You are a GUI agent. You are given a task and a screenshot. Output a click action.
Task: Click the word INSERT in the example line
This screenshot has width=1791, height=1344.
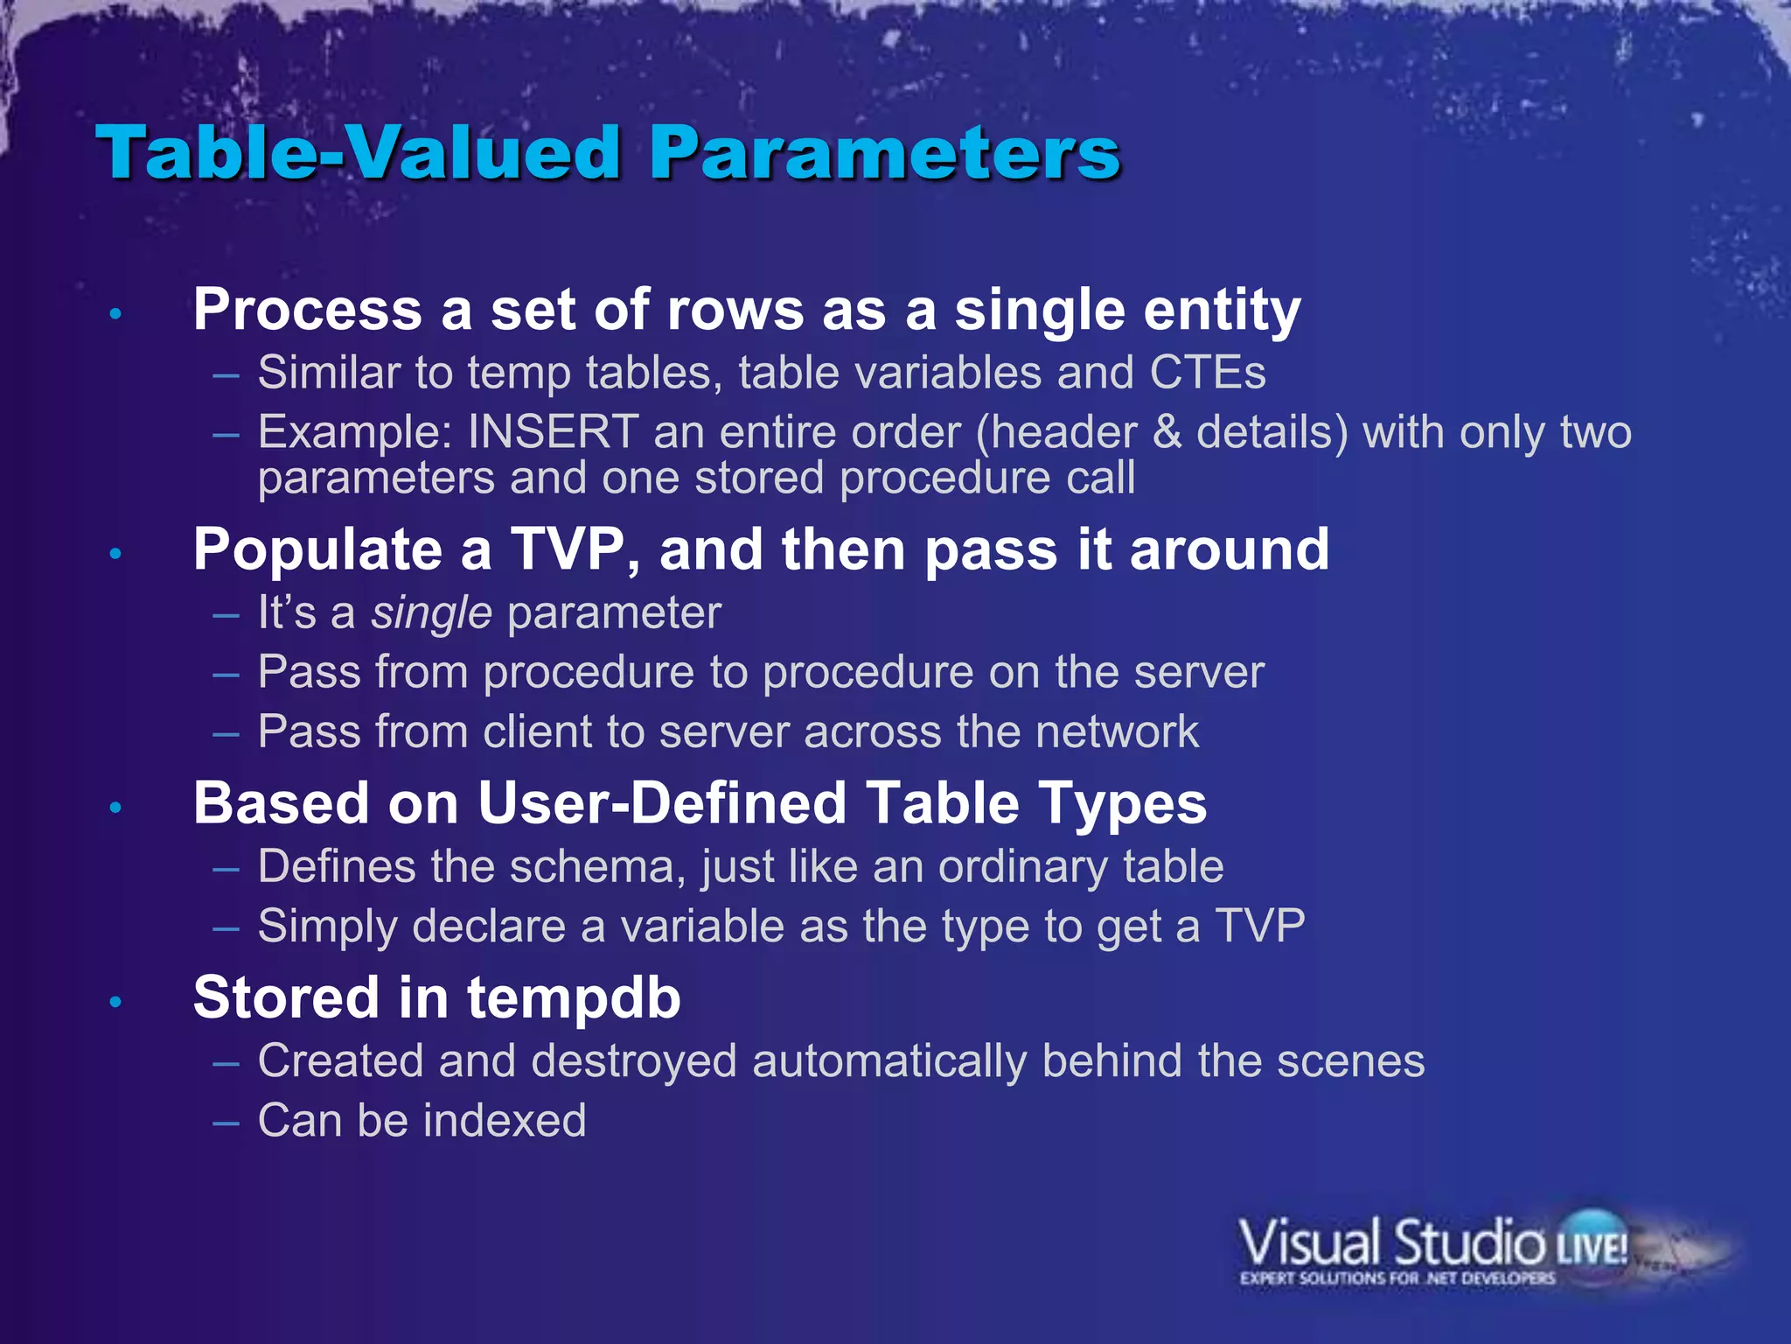pos(553,432)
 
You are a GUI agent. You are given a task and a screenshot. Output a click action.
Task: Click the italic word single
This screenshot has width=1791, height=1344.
pos(431,612)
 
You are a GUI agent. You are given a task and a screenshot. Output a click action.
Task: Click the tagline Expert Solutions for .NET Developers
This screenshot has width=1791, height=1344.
pos(1397,1278)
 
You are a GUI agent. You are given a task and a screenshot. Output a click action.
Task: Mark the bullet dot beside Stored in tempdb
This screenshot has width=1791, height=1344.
pos(115,1002)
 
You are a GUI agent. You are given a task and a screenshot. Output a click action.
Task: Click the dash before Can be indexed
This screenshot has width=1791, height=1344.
pos(226,1122)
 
